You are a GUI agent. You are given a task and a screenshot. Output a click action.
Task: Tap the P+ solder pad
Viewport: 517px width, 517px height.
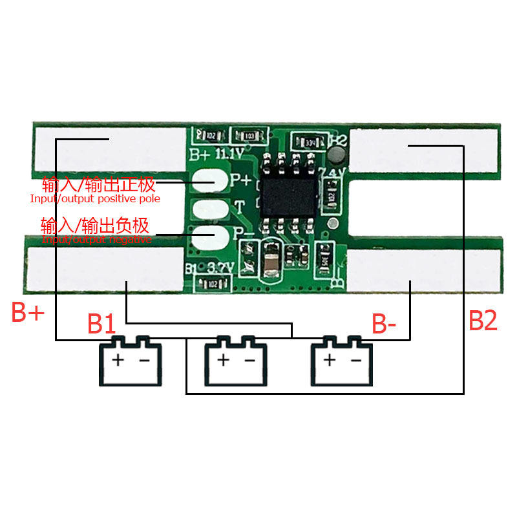pos(210,181)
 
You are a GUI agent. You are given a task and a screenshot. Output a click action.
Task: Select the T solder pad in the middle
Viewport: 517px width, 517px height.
pos(210,209)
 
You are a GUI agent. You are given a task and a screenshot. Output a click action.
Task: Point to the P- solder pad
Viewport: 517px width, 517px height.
pos(210,237)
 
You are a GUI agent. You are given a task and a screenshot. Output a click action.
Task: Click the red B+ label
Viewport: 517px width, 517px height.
pos(28,313)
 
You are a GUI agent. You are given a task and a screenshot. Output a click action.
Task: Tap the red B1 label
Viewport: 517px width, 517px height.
pos(102,323)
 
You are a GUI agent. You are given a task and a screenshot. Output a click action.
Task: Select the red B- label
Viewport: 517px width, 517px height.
pos(384,323)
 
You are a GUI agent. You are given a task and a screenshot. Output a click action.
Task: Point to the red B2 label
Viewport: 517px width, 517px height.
pos(483,321)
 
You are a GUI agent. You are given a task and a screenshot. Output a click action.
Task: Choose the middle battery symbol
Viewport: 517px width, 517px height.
pos(235,362)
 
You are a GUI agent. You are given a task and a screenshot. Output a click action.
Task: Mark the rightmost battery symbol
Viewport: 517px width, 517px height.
pos(341,362)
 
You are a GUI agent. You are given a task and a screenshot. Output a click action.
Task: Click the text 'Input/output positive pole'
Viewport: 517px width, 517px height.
pos(95,199)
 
